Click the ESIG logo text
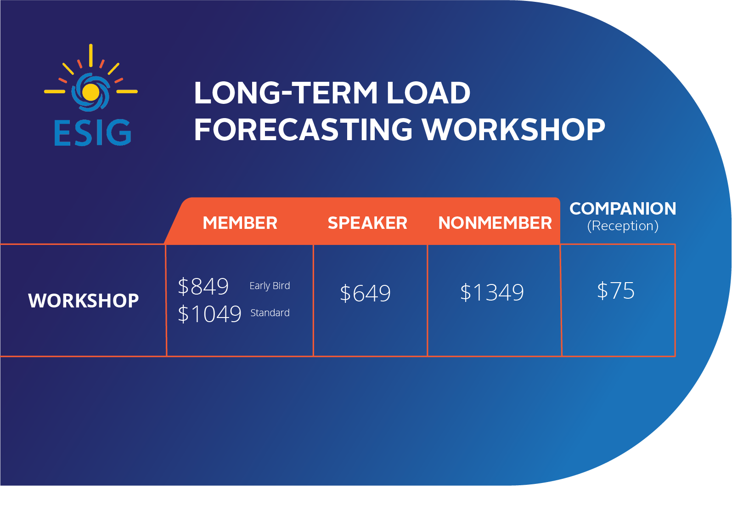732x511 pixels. [x=92, y=132]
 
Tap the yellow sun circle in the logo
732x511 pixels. [x=90, y=92]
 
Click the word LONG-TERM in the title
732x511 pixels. [x=286, y=93]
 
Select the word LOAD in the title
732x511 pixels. [x=428, y=93]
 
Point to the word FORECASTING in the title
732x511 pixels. [x=303, y=130]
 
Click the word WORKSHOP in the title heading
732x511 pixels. [x=513, y=130]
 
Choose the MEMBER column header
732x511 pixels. [x=240, y=223]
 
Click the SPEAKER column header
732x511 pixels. [x=367, y=223]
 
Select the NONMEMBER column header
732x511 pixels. [x=495, y=223]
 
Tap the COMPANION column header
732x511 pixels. [x=623, y=209]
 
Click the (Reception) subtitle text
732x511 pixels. [x=623, y=226]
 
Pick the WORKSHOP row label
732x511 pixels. [x=83, y=301]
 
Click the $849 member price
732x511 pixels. [x=203, y=287]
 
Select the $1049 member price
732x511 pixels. [x=209, y=314]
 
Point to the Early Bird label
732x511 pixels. [x=270, y=286]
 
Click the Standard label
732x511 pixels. [x=270, y=313]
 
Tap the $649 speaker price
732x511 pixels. [x=365, y=293]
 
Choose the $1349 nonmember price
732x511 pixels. [x=492, y=292]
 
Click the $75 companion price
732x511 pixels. [x=616, y=290]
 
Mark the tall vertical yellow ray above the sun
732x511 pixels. [x=91, y=56]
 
